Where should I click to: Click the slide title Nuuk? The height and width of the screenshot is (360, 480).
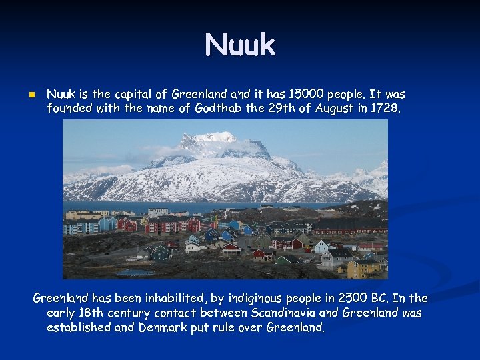pos(240,45)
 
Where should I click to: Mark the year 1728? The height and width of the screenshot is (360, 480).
pos(387,108)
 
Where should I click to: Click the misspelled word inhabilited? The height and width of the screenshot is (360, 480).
pos(173,298)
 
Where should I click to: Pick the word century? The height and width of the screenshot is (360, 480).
pos(125,313)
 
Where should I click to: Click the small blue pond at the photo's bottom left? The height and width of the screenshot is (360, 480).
pos(135,272)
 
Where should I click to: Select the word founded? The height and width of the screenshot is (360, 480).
pos(69,108)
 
